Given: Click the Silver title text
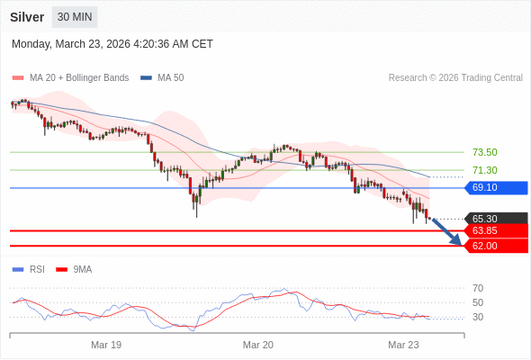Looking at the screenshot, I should tap(28, 17).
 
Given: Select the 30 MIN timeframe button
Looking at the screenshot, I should tap(75, 17).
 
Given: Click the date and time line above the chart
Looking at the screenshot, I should tap(112, 44).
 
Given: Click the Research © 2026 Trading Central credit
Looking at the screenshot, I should tap(455, 77).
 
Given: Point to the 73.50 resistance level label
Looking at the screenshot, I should tap(484, 152).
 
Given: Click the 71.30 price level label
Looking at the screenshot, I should tap(484, 170).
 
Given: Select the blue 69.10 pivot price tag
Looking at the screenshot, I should tap(495, 187).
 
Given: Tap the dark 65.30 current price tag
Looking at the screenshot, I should tap(495, 218).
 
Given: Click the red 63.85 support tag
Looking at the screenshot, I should tap(495, 230).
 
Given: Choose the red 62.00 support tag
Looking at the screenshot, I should tap(495, 245).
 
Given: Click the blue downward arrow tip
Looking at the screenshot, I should tap(459, 243).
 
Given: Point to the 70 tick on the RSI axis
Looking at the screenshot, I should tap(477, 288).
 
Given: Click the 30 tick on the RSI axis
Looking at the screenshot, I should tap(477, 317).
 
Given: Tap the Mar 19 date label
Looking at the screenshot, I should tap(106, 345).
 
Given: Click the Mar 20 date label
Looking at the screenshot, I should tap(258, 345).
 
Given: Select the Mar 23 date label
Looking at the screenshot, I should tap(403, 345).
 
